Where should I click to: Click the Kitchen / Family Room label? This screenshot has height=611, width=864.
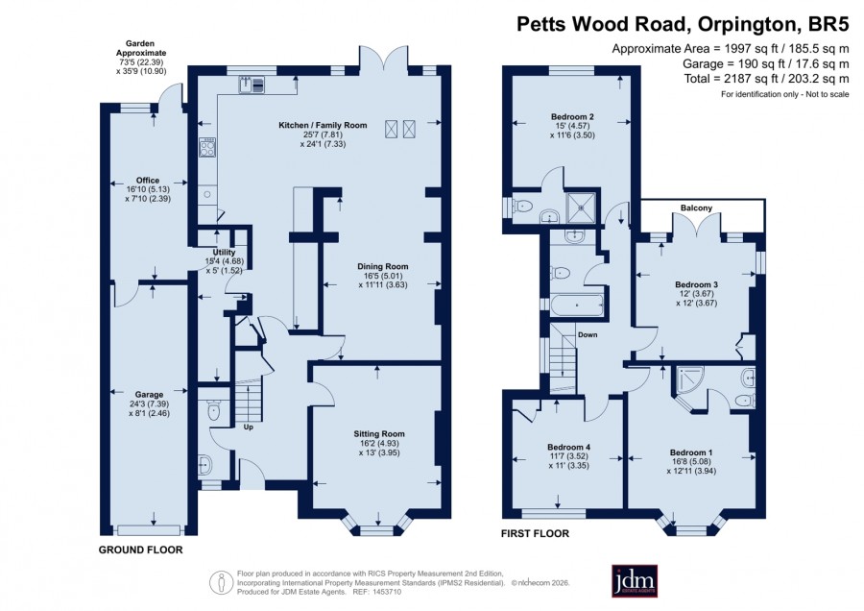click(x=323, y=125)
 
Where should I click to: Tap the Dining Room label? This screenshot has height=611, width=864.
click(x=383, y=266)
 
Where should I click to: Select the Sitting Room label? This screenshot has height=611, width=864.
click(x=379, y=434)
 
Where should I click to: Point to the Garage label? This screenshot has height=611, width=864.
click(x=150, y=394)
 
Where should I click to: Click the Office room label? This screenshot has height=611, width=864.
click(x=148, y=180)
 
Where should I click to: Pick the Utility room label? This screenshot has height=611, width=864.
click(x=225, y=252)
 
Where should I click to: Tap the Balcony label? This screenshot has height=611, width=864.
click(x=697, y=208)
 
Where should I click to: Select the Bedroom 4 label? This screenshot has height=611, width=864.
click(x=568, y=447)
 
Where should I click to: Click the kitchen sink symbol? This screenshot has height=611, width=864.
click(x=252, y=85)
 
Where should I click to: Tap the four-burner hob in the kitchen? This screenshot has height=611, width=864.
click(x=207, y=147)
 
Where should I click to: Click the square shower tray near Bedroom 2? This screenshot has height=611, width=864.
click(x=582, y=208)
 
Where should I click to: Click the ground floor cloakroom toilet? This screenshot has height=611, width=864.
click(x=212, y=411)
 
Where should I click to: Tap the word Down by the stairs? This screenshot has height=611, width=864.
click(x=588, y=334)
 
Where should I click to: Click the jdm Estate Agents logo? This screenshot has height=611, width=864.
click(x=635, y=580)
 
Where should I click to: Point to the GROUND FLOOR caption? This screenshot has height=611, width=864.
click(x=140, y=550)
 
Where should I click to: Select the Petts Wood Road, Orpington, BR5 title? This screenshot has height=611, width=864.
click(x=683, y=24)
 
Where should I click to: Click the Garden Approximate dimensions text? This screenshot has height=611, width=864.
click(x=140, y=58)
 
